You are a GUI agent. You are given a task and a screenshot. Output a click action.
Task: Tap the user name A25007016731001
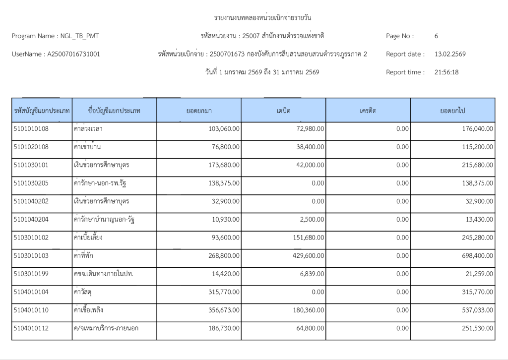coord(73,54)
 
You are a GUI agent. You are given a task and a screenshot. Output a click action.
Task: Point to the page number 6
coord(436,36)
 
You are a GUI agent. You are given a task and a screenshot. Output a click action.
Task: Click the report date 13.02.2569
coord(450,54)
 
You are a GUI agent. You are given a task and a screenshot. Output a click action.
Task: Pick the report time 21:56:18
coord(446,72)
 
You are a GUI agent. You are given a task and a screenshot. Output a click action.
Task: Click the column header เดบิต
coord(283,111)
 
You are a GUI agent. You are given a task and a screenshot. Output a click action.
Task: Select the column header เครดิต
coord(368,111)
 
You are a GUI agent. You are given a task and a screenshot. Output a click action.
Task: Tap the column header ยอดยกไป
coord(452,111)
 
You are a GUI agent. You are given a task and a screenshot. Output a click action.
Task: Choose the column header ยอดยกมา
coord(199,111)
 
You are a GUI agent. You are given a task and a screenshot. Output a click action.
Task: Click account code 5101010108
coord(31,128)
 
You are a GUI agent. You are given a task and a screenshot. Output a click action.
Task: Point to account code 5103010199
coord(31,274)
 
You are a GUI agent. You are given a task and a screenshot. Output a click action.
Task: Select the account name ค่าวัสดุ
coord(84,292)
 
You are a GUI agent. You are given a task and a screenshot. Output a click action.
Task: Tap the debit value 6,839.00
coord(313,274)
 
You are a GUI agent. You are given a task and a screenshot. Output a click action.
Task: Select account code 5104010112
coord(31,328)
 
